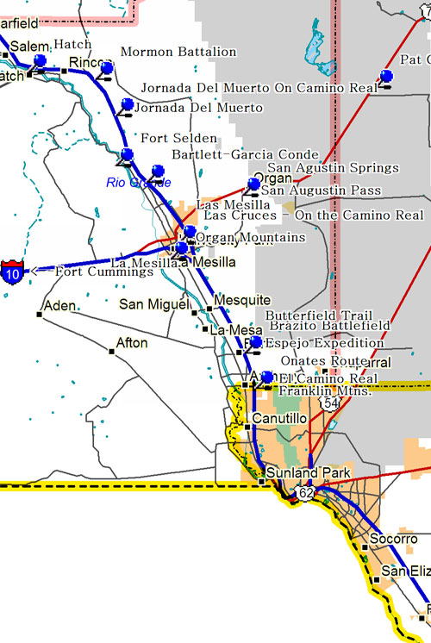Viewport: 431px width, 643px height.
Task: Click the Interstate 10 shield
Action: (x=12, y=269)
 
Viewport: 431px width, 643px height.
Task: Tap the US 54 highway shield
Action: (x=328, y=403)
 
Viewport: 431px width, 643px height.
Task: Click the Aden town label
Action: (x=59, y=306)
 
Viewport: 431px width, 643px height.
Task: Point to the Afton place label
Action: (x=132, y=343)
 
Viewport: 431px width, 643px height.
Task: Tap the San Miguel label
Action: (x=153, y=304)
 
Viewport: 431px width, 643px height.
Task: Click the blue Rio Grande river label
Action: (x=139, y=183)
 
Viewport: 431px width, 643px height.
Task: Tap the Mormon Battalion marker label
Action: (x=178, y=52)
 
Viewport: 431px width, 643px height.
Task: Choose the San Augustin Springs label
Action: (x=333, y=167)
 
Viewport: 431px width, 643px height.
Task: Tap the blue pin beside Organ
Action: (x=254, y=184)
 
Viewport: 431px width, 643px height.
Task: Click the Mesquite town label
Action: (x=241, y=300)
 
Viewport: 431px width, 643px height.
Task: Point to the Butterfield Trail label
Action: (x=319, y=315)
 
